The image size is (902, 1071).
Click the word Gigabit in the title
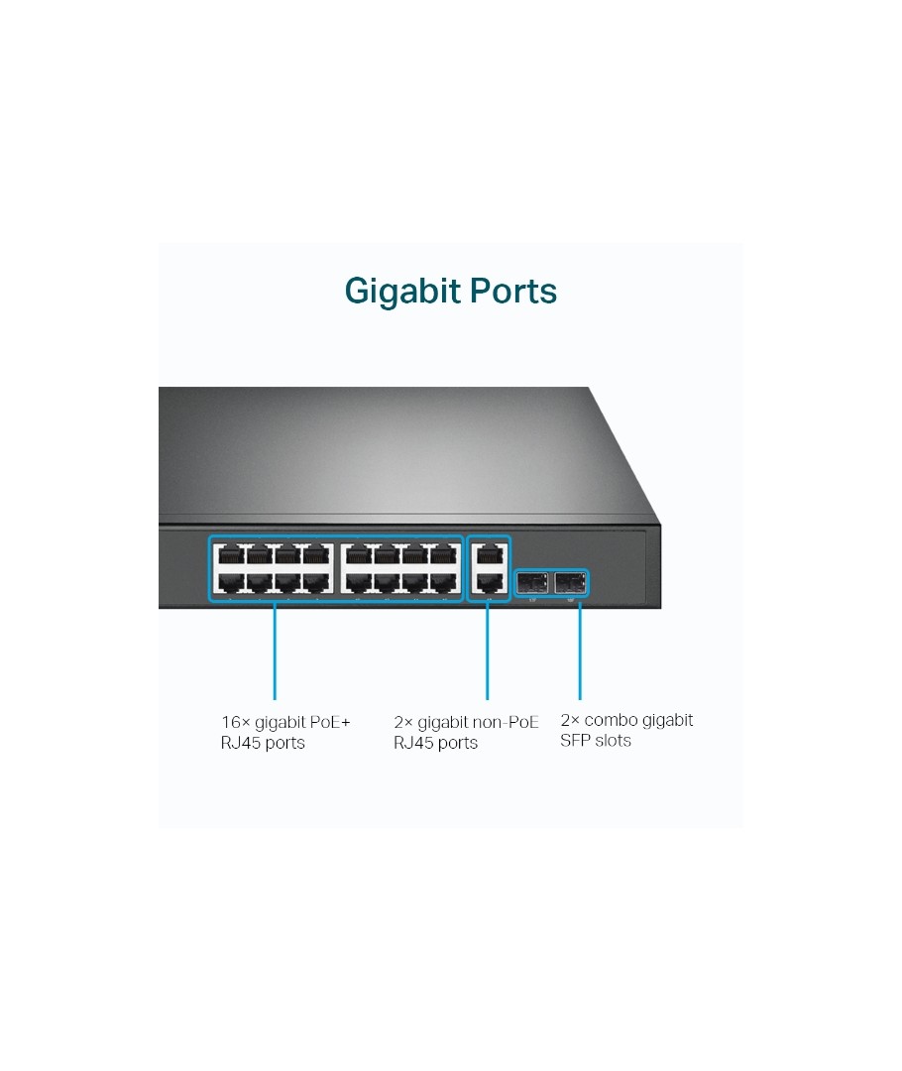pos(402,292)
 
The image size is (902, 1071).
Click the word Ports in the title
pos(513,291)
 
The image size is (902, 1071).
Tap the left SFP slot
pos(532,583)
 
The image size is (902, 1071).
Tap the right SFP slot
pos(570,583)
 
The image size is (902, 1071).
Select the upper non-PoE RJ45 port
pos(489,554)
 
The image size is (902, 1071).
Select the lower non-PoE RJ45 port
pos(489,583)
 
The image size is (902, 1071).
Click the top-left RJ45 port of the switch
pos(232,554)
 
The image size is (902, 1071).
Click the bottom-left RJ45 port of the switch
pos(232,583)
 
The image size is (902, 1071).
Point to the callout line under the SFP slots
pos(580,651)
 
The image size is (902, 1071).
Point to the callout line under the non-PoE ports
pos(487,651)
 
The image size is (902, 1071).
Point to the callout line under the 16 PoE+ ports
pos(275,651)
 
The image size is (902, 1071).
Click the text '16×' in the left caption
pos(236,722)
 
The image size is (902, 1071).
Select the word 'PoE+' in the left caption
pos(330,722)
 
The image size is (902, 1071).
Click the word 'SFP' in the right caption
pos(574,741)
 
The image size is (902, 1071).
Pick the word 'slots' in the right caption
pos(612,741)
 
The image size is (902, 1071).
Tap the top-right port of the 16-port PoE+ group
pos(444,554)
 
